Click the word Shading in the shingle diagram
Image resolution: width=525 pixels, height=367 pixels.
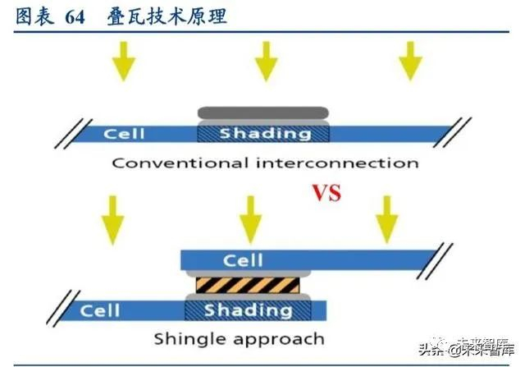(x=248, y=310)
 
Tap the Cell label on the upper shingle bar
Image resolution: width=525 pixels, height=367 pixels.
(x=243, y=260)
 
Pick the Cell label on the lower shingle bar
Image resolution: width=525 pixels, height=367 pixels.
(x=99, y=310)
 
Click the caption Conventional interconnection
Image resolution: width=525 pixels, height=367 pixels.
(x=265, y=162)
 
